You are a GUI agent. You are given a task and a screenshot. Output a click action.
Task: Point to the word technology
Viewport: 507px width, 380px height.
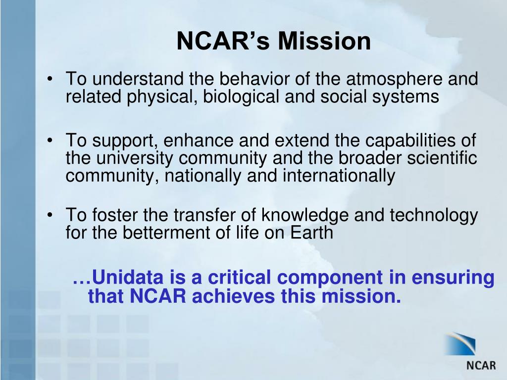pos(434,215)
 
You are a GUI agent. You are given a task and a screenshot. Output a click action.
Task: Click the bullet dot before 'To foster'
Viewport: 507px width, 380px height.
pos(51,216)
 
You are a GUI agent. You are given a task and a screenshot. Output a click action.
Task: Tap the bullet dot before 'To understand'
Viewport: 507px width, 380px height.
pos(51,80)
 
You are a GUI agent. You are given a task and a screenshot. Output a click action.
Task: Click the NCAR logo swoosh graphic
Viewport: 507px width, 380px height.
pos(460,343)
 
